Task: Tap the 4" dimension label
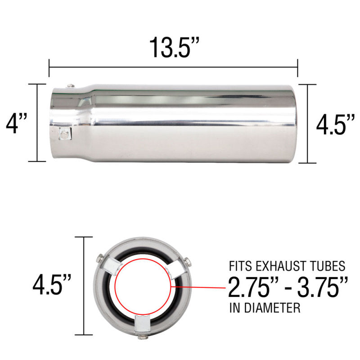17,123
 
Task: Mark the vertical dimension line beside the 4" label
38,123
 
